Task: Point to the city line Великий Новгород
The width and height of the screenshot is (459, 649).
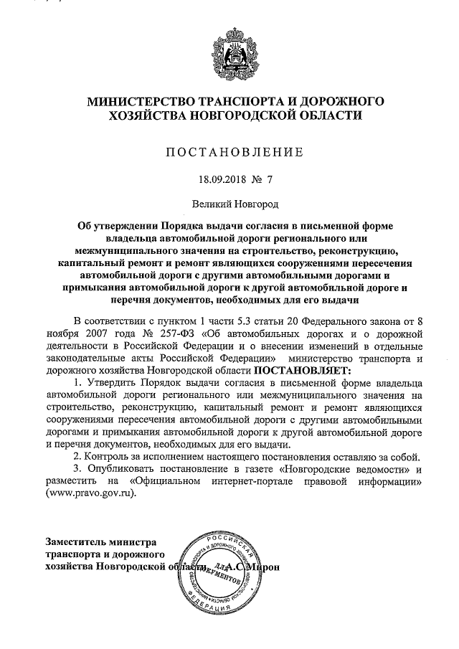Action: point(229,204)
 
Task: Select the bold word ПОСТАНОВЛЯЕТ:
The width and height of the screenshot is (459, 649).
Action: point(301,370)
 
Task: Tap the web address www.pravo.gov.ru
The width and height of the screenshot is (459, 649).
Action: point(91,494)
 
